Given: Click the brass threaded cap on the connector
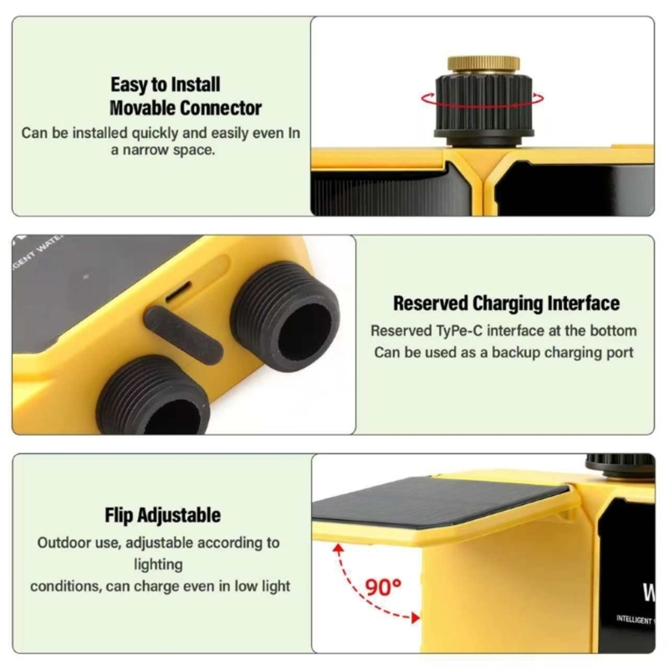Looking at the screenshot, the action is click(x=483, y=65).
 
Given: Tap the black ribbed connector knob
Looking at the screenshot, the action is click(x=484, y=105).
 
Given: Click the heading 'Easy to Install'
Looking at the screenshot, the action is click(x=166, y=84).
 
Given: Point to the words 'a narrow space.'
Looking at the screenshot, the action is click(x=162, y=151).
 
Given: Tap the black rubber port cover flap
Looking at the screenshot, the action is click(x=184, y=335).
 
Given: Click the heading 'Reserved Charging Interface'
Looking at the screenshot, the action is click(x=507, y=304).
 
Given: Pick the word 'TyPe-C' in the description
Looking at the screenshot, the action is click(x=457, y=331).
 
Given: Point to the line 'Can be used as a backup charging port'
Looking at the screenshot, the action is click(x=504, y=353).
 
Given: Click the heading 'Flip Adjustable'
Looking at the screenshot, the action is click(x=162, y=515).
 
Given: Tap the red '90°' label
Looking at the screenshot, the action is click(x=383, y=588).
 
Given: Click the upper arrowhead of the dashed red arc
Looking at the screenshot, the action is click(x=339, y=549).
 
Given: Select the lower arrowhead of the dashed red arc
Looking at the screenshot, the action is click(x=415, y=618).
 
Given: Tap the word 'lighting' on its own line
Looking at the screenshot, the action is click(x=158, y=564).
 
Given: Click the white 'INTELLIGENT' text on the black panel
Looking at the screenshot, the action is click(x=634, y=619).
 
